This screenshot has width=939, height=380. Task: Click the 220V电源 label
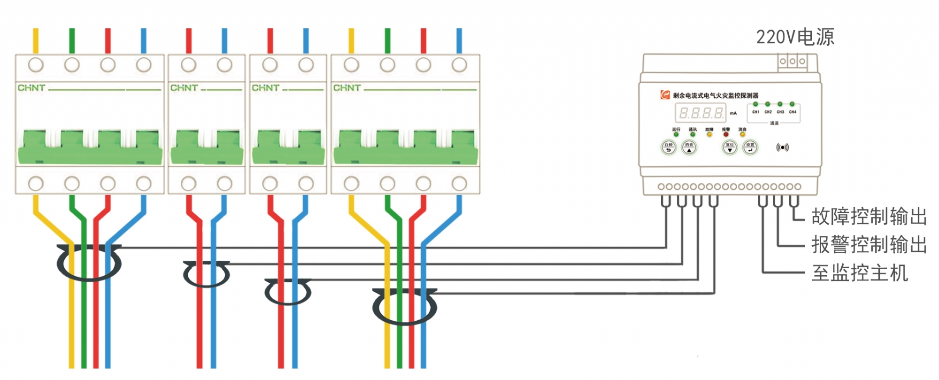(x=795, y=37)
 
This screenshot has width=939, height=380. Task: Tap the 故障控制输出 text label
(x=869, y=217)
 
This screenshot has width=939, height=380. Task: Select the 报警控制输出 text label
(x=869, y=245)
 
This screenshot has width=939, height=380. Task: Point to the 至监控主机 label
(x=860, y=273)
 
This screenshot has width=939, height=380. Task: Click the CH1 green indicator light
(x=755, y=104)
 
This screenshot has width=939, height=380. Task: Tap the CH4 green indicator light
(x=792, y=104)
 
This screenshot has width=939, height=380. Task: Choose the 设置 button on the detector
(x=750, y=147)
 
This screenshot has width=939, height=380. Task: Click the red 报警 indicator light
(x=726, y=135)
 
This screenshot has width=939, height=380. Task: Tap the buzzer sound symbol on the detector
(x=782, y=147)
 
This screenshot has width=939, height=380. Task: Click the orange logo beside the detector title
(x=665, y=95)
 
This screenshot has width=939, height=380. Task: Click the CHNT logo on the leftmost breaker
(x=31, y=88)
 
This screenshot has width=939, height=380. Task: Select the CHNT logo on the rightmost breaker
(x=347, y=88)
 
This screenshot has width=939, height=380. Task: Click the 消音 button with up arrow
(x=689, y=147)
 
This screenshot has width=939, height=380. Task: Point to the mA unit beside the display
(x=733, y=113)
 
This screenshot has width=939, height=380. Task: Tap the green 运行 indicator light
(x=676, y=135)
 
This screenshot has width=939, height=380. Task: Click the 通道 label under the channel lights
(x=774, y=123)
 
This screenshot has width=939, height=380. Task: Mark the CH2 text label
(x=768, y=112)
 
